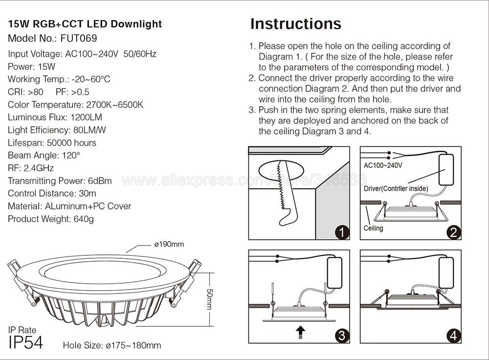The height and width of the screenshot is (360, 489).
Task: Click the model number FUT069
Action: click(x=79, y=38)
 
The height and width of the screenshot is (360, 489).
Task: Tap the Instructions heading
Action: click(x=295, y=24)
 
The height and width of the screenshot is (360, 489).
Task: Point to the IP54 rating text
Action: click(x=26, y=342)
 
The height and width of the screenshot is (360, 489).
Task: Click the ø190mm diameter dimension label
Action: click(x=169, y=244)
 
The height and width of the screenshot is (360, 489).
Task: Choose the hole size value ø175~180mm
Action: click(x=133, y=346)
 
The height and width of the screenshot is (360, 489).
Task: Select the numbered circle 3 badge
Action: click(x=342, y=336)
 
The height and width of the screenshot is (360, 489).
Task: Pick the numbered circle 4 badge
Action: click(x=454, y=336)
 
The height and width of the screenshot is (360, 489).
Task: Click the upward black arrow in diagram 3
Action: click(x=301, y=333)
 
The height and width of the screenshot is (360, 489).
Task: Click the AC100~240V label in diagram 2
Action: click(x=383, y=165)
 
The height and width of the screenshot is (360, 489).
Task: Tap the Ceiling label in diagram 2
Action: click(x=374, y=228)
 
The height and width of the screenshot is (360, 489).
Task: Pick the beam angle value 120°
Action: click(x=69, y=156)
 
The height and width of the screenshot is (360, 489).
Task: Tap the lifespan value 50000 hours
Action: click(x=71, y=143)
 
